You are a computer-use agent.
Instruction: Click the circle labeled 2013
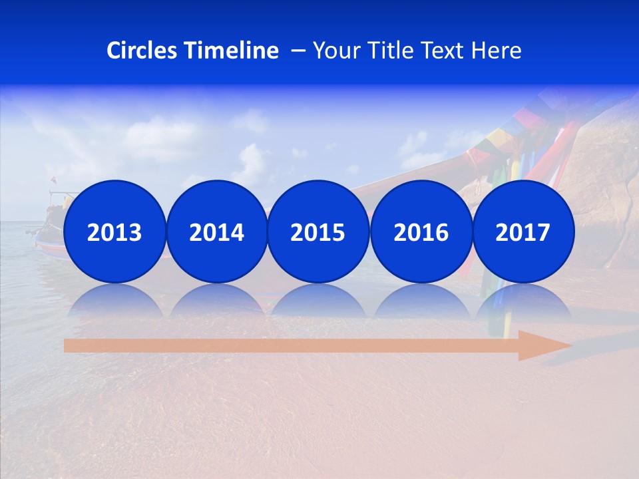tap(114, 232)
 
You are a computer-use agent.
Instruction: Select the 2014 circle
tap(216, 232)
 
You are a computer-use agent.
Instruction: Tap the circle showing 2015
tap(318, 232)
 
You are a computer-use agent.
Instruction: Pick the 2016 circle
tap(421, 232)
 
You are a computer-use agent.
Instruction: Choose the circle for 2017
tap(523, 232)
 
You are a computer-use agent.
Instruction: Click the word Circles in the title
tap(142, 51)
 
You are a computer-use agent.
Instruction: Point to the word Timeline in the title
tap(232, 51)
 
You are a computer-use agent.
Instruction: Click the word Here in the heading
tap(497, 51)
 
